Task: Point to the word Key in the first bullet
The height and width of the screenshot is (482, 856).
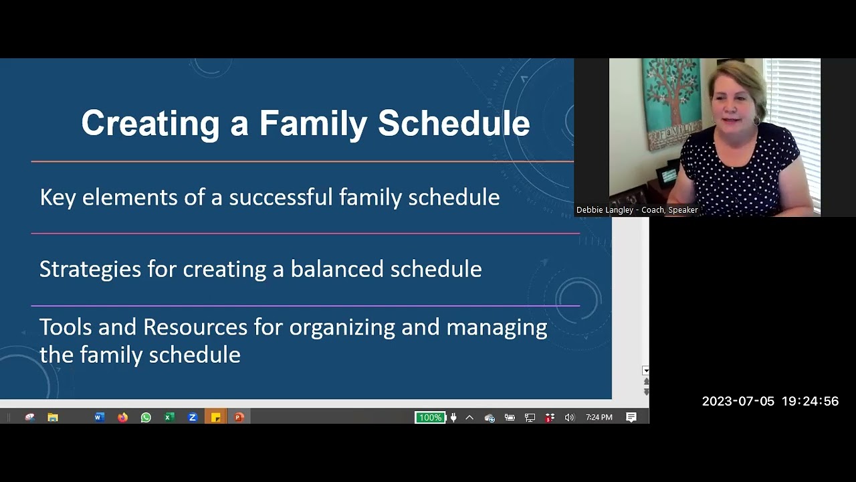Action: coord(58,197)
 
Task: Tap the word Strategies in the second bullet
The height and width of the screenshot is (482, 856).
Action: coord(90,269)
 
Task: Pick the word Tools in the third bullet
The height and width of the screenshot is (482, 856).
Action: coord(66,327)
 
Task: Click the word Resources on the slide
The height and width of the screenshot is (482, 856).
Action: coord(195,327)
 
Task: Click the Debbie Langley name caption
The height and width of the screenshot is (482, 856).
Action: coord(637,210)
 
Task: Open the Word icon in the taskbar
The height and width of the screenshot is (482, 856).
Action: coord(99,418)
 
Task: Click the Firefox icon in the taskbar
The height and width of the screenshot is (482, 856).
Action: coord(122,418)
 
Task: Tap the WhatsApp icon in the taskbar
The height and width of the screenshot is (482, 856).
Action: coord(146,418)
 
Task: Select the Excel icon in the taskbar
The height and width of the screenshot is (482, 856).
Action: coord(169,418)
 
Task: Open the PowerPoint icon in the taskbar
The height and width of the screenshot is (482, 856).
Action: coord(239,418)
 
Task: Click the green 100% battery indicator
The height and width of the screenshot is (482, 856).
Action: coord(429,418)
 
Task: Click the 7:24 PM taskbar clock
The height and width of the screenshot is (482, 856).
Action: coord(599,418)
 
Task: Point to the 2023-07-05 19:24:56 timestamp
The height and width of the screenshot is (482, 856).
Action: coord(770,402)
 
